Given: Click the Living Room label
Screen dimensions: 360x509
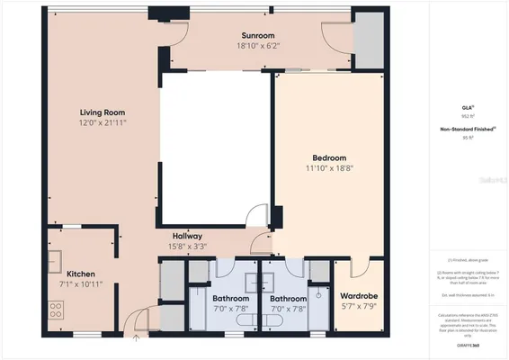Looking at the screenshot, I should tap(100, 112).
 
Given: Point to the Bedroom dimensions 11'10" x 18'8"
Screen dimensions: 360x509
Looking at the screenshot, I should tap(329, 166).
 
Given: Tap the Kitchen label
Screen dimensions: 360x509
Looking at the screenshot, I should tap(80, 274).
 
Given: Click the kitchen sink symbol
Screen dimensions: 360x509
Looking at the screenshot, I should tap(54, 261).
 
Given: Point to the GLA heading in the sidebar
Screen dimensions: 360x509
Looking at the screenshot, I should tap(467, 107).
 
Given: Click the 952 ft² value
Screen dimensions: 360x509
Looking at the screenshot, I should tap(467, 116).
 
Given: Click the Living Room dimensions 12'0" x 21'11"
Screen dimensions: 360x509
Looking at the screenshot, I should tap(100, 122).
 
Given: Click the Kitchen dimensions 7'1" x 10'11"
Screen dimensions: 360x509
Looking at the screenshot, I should tap(80, 284).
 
